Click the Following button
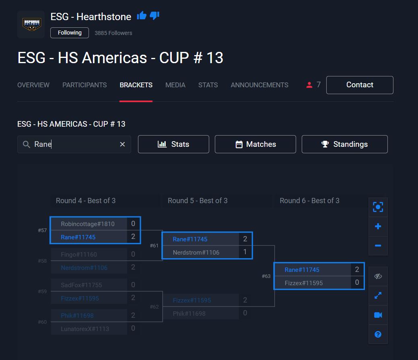[x=70, y=33]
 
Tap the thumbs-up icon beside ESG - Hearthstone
[x=142, y=16]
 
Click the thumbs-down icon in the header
[x=154, y=16]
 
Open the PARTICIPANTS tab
[x=84, y=85]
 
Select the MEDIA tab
[x=175, y=85]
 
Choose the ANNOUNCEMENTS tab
[x=259, y=85]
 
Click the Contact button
[x=360, y=85]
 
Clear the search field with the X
[x=123, y=144]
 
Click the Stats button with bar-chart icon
[x=173, y=144]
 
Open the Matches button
[x=255, y=144]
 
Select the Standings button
[x=345, y=144]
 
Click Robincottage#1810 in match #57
[x=88, y=224]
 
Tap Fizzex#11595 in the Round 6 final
[x=304, y=283]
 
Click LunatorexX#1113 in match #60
[x=85, y=329]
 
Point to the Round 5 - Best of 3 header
[x=198, y=201]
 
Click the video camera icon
[x=378, y=315]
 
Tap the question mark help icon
[x=378, y=334]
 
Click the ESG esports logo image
[x=31, y=25]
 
